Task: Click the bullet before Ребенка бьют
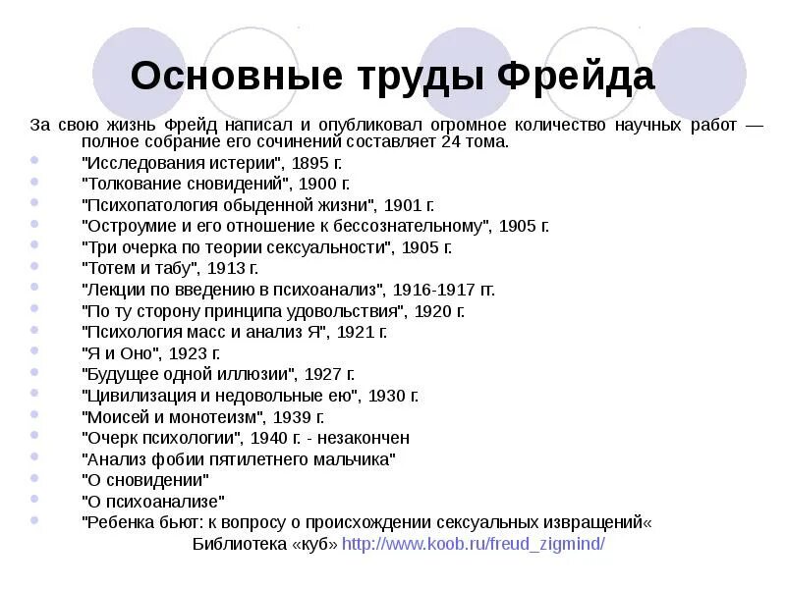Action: [36, 521]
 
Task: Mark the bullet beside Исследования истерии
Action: [36, 162]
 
